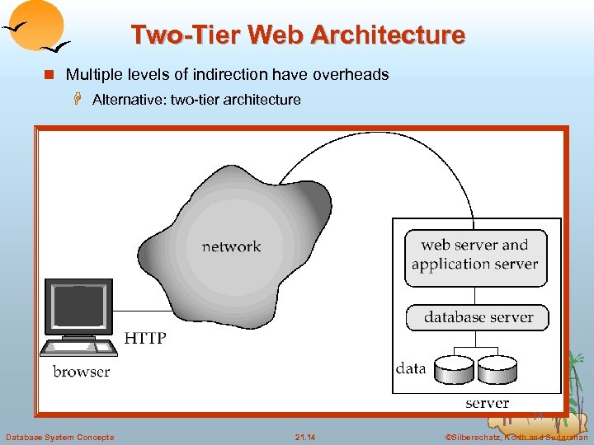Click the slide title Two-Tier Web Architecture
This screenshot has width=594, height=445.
[x=298, y=35]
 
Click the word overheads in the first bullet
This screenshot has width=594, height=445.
[x=346, y=75]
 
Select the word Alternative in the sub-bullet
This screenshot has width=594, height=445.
[x=125, y=101]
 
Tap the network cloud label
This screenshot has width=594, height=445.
[x=231, y=246]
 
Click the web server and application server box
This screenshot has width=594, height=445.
[x=475, y=255]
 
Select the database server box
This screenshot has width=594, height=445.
[x=478, y=317]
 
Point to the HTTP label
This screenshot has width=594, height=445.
[x=145, y=338]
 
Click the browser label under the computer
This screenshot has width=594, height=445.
[x=81, y=372]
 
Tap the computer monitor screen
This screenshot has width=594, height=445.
[x=78, y=306]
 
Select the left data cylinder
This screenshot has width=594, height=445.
[x=455, y=369]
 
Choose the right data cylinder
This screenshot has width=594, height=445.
[x=497, y=369]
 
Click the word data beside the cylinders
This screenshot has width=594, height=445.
[x=411, y=368]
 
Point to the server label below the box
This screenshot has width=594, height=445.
[x=487, y=403]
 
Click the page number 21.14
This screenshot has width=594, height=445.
[x=305, y=437]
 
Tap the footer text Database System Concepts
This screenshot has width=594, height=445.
[x=59, y=437]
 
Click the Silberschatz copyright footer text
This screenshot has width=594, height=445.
[x=516, y=437]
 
